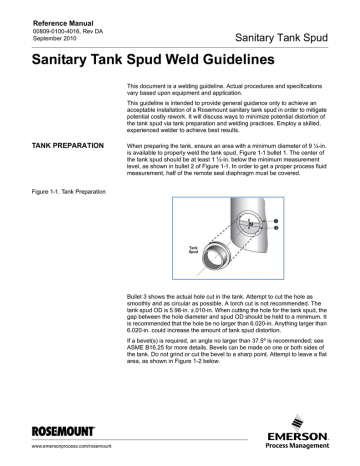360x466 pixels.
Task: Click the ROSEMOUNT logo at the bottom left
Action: click(51, 435)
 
